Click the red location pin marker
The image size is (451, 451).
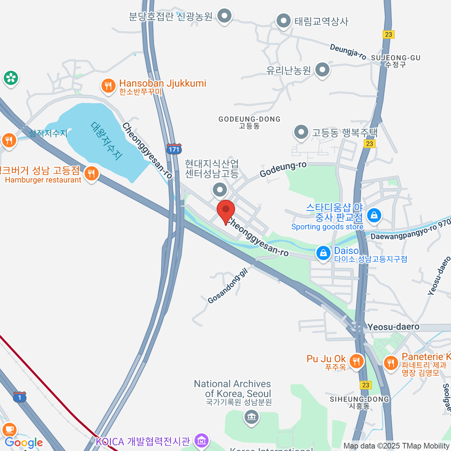[226, 210]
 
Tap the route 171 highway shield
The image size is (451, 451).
[174, 149]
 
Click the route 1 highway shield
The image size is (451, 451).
[20, 397]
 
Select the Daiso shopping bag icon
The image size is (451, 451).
[323, 253]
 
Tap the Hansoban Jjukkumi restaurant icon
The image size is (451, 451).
[108, 86]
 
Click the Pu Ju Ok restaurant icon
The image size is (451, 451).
[356, 362]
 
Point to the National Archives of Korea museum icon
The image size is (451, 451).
[251, 416]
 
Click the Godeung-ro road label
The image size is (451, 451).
[283, 169]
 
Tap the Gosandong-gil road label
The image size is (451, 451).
[228, 286]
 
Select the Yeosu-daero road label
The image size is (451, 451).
[393, 327]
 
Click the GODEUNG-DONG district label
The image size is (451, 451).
[250, 119]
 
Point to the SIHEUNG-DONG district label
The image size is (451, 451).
[359, 399]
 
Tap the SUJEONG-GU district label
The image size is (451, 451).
[395, 58]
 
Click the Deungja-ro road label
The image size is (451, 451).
[348, 52]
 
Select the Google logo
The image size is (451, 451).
[24, 443]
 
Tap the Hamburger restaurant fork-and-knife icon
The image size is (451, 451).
[91, 174]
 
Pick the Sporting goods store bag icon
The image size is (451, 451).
[374, 215]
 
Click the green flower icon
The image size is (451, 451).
[11, 78]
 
